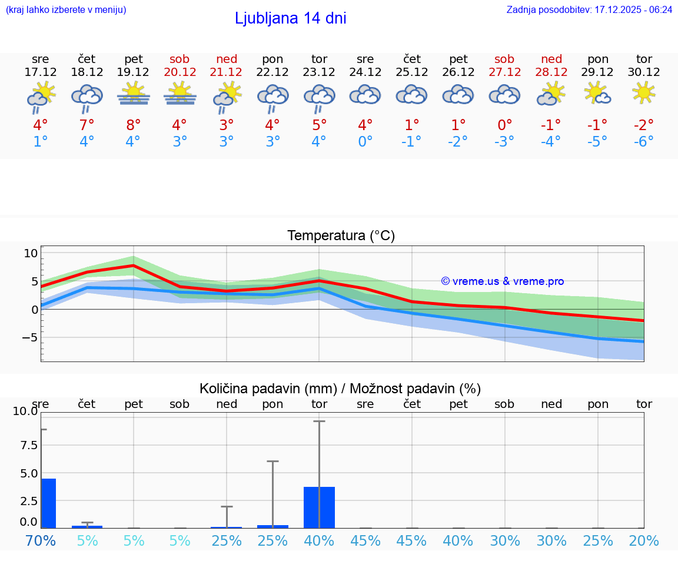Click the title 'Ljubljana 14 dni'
[x=290, y=18]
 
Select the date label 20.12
[x=180, y=72]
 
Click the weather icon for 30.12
[x=644, y=92]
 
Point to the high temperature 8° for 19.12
[x=134, y=125]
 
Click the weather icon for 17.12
[x=41, y=97]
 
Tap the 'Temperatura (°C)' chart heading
[x=341, y=235]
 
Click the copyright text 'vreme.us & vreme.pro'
[x=503, y=281]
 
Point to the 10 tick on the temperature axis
[x=31, y=253]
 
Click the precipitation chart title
[x=340, y=389]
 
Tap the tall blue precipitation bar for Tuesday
[x=319, y=507]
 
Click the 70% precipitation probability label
[x=41, y=540]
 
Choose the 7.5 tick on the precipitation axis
[x=26, y=445]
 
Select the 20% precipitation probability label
[x=644, y=540]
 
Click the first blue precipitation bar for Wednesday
[x=48, y=503]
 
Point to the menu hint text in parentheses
[x=66, y=9]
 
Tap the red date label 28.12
[x=551, y=72]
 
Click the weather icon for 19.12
[x=134, y=94]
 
